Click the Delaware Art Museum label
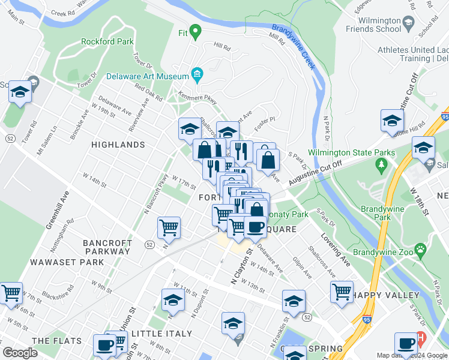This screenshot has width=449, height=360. pos(148,76)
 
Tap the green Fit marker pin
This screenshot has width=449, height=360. pos(194,31)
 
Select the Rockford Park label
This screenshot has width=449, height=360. pos(106,42)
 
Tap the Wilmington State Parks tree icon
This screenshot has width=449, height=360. pos(379,164)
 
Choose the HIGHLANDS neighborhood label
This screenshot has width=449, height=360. pos(118,145)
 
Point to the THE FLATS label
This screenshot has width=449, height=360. pos(57,341)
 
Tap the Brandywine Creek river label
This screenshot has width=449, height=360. pos(294,46)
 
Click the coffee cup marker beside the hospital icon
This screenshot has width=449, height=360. pos(406,343)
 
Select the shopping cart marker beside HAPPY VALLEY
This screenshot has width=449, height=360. pos(342,291)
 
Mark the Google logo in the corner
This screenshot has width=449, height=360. pos(20,353)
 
